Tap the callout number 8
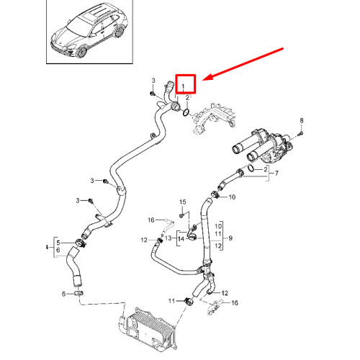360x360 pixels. point(302,120)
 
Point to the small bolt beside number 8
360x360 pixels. point(302,132)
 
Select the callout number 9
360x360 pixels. point(231,237)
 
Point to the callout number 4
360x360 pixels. point(47,247)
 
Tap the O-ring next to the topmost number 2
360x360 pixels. point(186,112)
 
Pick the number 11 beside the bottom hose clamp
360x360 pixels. point(172,300)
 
